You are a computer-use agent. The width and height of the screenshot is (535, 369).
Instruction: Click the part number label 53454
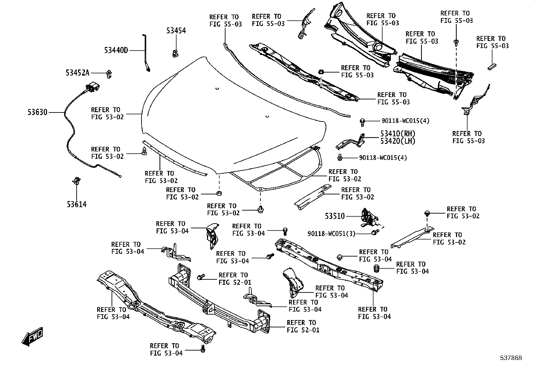pyautogui.click(x=176, y=31)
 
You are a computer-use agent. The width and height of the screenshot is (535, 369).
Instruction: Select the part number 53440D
pyautogui.click(x=116, y=50)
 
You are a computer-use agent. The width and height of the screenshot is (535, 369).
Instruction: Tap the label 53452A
pyautogui.click(x=77, y=73)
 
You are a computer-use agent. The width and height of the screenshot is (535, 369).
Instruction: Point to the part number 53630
pyautogui.click(x=38, y=112)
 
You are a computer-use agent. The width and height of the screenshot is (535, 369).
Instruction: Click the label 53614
pyautogui.click(x=77, y=204)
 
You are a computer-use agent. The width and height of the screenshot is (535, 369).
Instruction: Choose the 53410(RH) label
pyautogui.click(x=398, y=133)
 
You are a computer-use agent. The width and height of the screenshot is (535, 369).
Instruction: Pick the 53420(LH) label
pyautogui.click(x=398, y=141)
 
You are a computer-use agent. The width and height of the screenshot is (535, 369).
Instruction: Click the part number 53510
pyautogui.click(x=335, y=216)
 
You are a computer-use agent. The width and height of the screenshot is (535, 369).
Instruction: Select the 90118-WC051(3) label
pyautogui.click(x=331, y=234)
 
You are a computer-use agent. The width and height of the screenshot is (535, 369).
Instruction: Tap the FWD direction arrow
pyautogui.click(x=33, y=337)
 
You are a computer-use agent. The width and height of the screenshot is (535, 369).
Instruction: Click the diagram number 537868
pyautogui.click(x=511, y=358)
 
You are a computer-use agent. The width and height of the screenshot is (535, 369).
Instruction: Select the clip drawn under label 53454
pyautogui.click(x=175, y=54)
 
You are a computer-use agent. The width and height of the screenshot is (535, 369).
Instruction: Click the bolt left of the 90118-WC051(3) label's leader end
pyautogui.click(x=375, y=232)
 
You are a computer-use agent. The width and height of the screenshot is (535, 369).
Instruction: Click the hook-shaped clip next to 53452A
pyautogui.click(x=109, y=74)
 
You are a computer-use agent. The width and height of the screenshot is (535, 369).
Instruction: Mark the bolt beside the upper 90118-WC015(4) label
pyautogui.click(x=362, y=122)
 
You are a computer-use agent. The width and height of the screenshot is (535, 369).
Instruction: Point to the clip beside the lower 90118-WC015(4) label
pyautogui.click(x=340, y=157)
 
